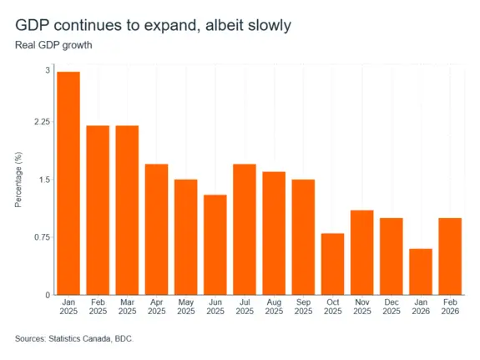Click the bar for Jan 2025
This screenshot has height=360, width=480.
68,183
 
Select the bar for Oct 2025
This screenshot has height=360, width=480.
333,264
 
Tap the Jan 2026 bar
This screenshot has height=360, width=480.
421,271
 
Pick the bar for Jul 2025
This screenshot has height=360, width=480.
245,230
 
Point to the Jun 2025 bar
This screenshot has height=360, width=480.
215,245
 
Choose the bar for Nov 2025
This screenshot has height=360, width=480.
362,252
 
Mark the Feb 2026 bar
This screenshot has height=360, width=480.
450,256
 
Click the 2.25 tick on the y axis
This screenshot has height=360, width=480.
43,122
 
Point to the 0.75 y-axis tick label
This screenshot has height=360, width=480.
43,237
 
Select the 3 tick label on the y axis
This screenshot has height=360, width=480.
48,70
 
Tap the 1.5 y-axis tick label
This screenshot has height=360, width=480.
44,180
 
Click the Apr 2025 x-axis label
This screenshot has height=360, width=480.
157,307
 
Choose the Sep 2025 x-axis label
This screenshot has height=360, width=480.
303,307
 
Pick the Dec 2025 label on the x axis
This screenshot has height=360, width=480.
392,307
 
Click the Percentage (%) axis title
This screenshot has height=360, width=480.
18,180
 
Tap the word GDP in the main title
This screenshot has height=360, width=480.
33,25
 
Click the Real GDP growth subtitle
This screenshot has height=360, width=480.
53,45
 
